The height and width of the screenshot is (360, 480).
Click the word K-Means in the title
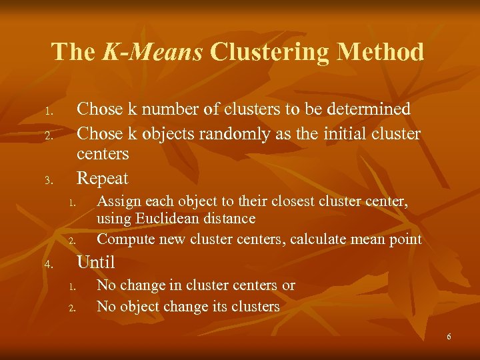pos(153,52)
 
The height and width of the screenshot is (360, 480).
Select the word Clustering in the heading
pos(275,52)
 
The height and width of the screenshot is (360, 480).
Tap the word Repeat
pos(103,178)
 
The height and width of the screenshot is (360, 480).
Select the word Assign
pos(117,201)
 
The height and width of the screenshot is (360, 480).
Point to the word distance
pos(228,218)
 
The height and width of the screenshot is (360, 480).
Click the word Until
pos(96,262)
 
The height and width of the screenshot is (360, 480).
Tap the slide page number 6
pos(449,337)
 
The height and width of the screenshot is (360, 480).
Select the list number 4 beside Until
pos(48,265)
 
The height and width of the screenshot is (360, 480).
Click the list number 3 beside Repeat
pos(48,180)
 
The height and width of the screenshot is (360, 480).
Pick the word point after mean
pos(405,239)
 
